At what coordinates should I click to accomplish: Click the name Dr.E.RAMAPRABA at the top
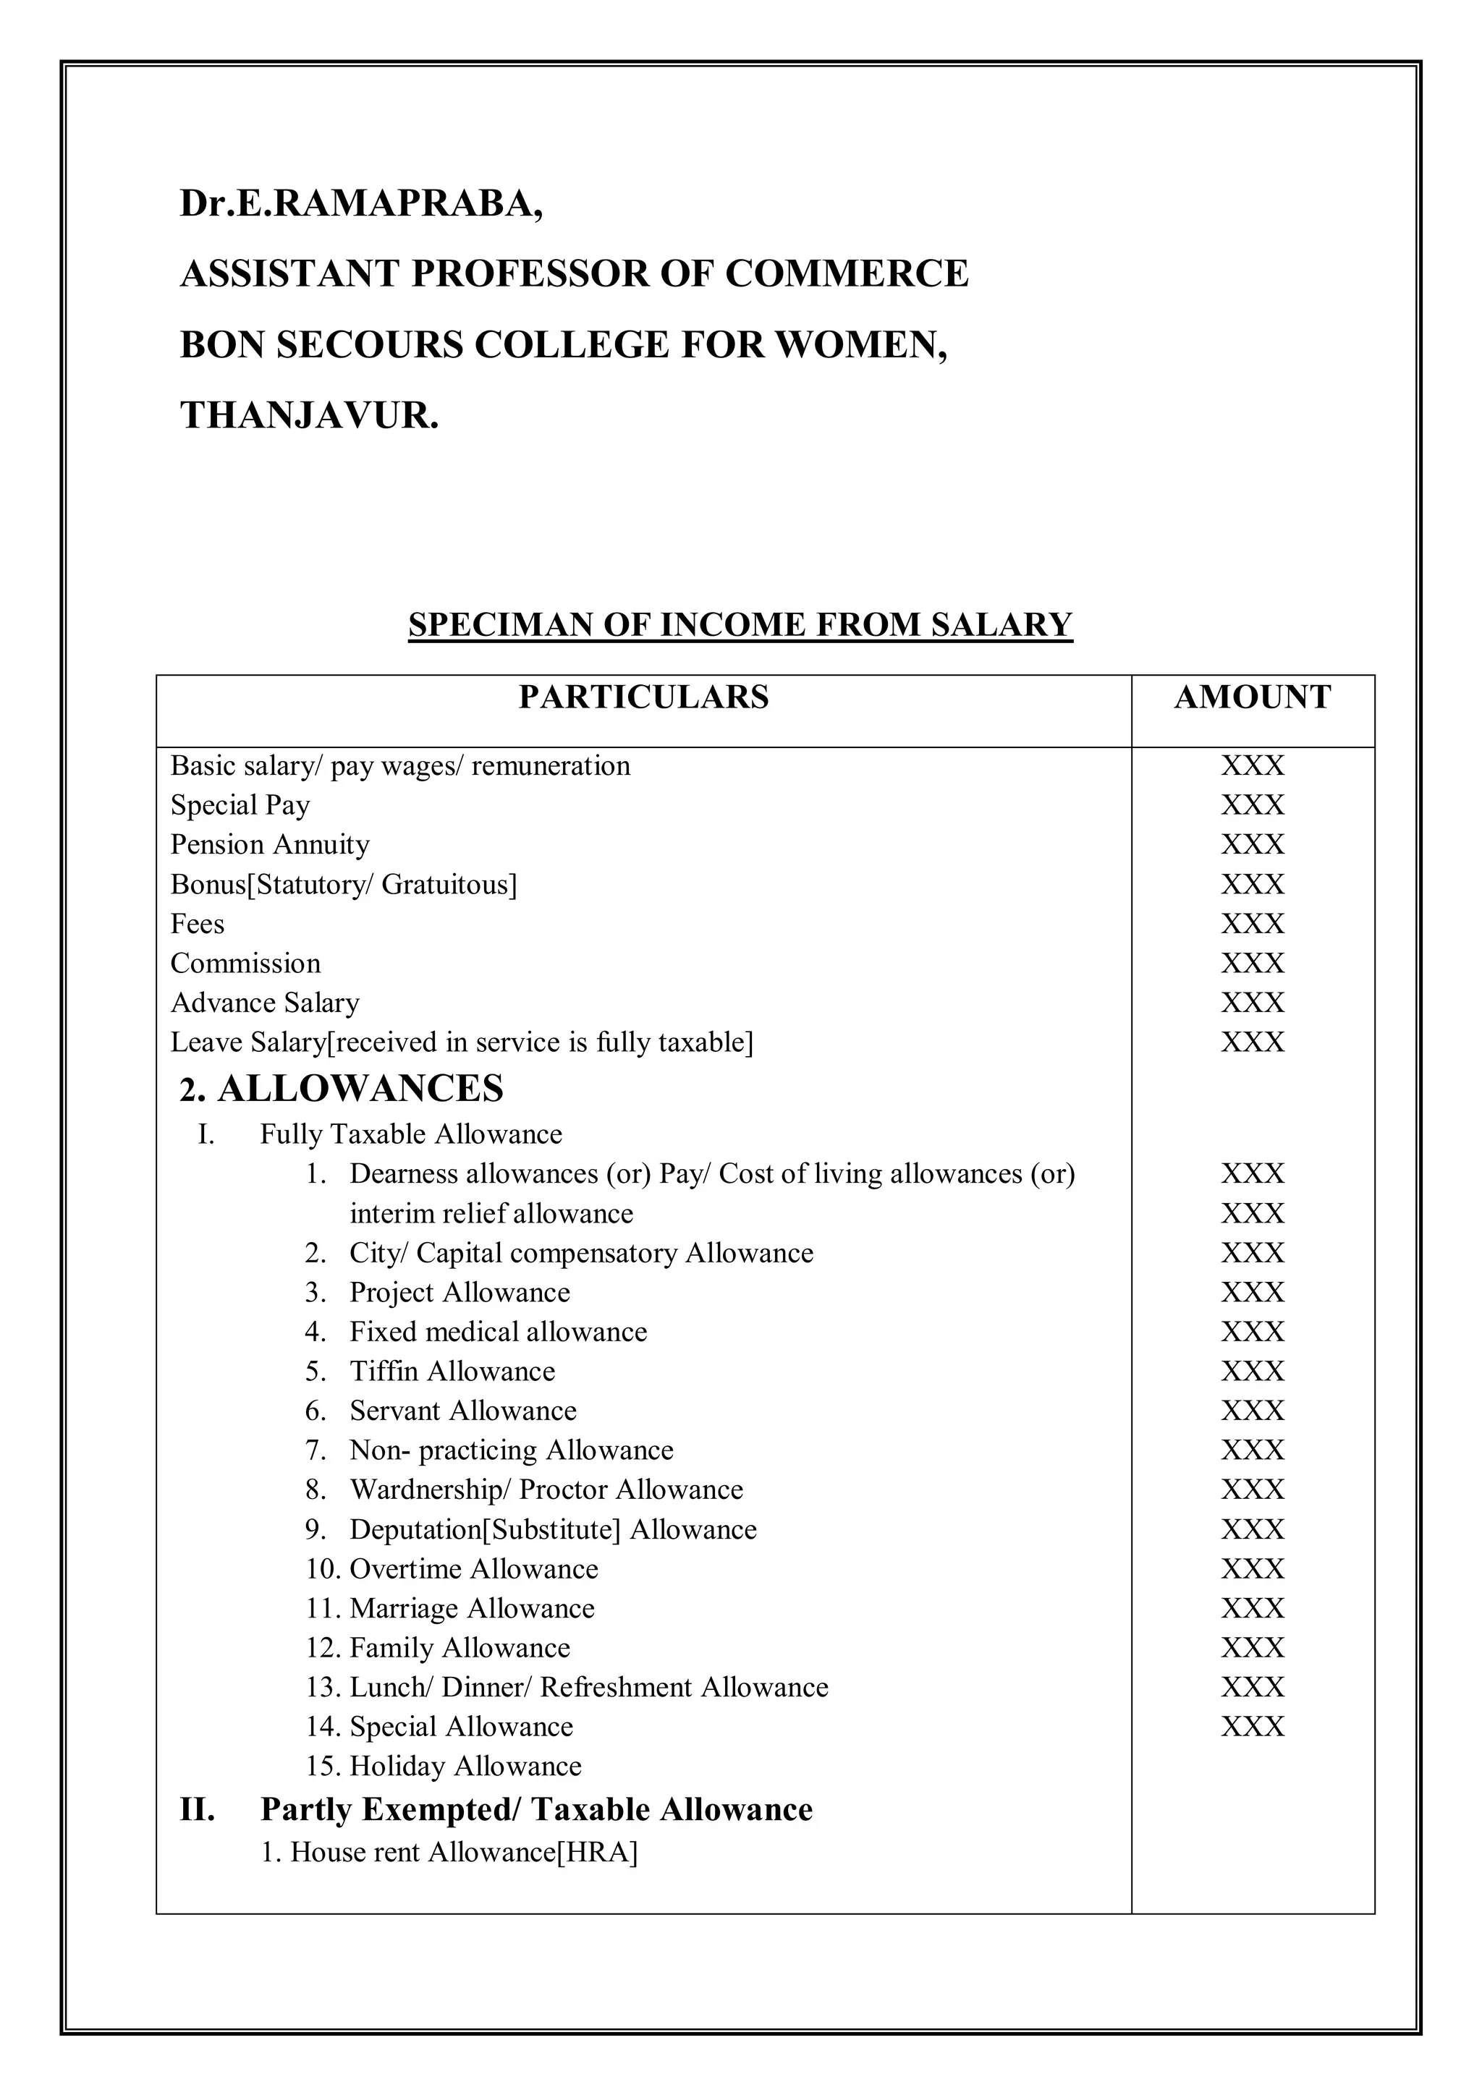pyautogui.click(x=361, y=203)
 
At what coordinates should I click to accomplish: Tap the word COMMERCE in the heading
pyautogui.click(x=847, y=273)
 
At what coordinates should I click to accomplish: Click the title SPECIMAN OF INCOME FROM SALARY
pyautogui.click(x=740, y=625)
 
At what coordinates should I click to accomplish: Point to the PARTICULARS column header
pyautogui.click(x=643, y=697)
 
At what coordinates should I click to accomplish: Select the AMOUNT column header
pyautogui.click(x=1252, y=697)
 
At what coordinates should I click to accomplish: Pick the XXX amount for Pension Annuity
pyautogui.click(x=1252, y=845)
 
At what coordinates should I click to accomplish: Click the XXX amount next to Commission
pyautogui.click(x=1252, y=964)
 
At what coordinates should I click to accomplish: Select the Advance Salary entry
pyautogui.click(x=265, y=1003)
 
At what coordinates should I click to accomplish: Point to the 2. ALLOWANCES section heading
pyautogui.click(x=342, y=1089)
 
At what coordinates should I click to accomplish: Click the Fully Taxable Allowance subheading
pyautogui.click(x=410, y=1134)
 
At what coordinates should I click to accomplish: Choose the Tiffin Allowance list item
pyautogui.click(x=452, y=1372)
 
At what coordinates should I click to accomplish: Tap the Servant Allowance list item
pyautogui.click(x=462, y=1411)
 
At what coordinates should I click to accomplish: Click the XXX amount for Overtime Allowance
pyautogui.click(x=1252, y=1568)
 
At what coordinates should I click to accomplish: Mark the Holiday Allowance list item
pyautogui.click(x=465, y=1766)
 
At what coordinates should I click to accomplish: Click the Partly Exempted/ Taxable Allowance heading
pyautogui.click(x=535, y=1809)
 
